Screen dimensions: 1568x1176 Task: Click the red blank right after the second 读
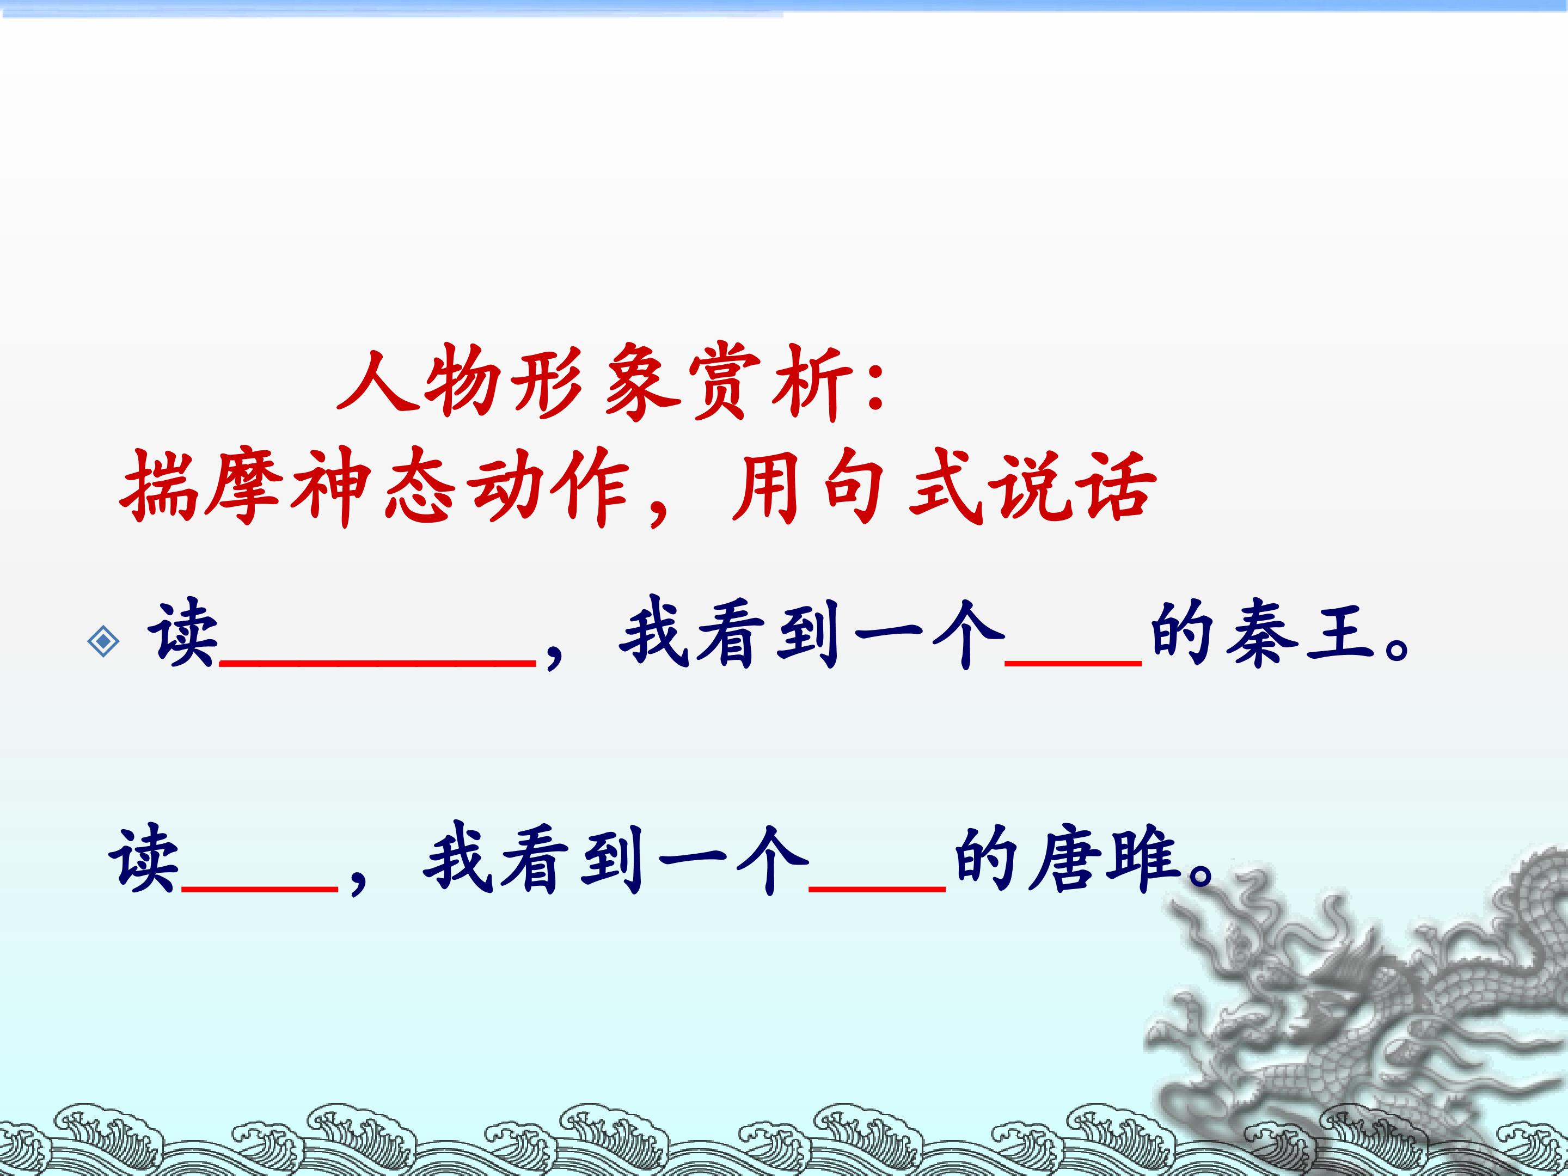tap(260, 888)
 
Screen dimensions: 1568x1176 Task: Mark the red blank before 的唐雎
tap(878, 888)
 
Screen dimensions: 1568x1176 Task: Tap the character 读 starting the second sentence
tap(144, 859)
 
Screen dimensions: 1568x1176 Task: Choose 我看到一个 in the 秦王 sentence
tap(812, 634)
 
